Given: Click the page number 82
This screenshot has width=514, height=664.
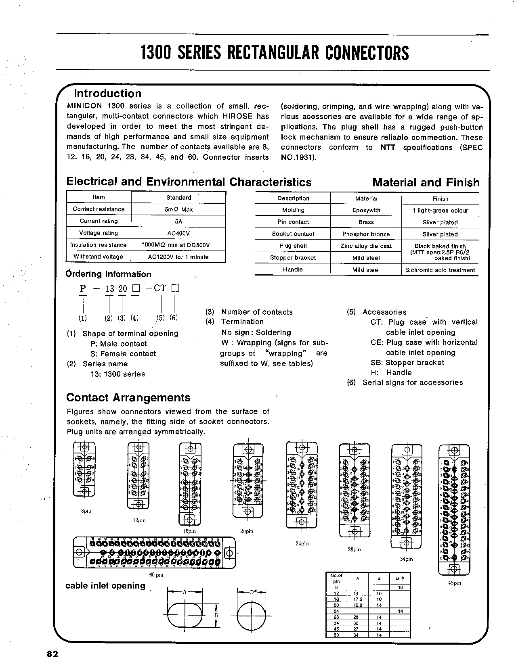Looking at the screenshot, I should tap(52, 654).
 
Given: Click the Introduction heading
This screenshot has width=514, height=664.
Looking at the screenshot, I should tap(107, 94).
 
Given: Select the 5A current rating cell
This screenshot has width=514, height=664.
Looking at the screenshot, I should tap(178, 221).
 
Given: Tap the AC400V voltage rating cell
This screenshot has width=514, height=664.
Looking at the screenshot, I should tap(178, 233).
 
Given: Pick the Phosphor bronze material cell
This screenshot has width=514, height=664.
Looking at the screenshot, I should tap(366, 234).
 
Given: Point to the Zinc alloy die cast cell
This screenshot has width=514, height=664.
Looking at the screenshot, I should tap(366, 246).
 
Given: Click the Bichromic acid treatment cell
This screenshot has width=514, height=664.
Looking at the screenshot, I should tap(440, 270).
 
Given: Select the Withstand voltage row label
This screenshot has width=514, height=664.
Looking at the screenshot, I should tap(99, 257).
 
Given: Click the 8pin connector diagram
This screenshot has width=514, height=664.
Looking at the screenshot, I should tap(84, 470).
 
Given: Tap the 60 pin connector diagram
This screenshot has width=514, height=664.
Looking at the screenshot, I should tap(154, 552).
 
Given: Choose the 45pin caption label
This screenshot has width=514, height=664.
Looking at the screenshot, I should tap(454, 583).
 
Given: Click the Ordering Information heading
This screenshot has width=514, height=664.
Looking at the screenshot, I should tap(108, 274).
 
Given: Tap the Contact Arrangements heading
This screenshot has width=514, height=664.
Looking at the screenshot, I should tap(128, 398).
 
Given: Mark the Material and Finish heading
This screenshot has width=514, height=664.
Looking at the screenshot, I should tap(426, 183).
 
